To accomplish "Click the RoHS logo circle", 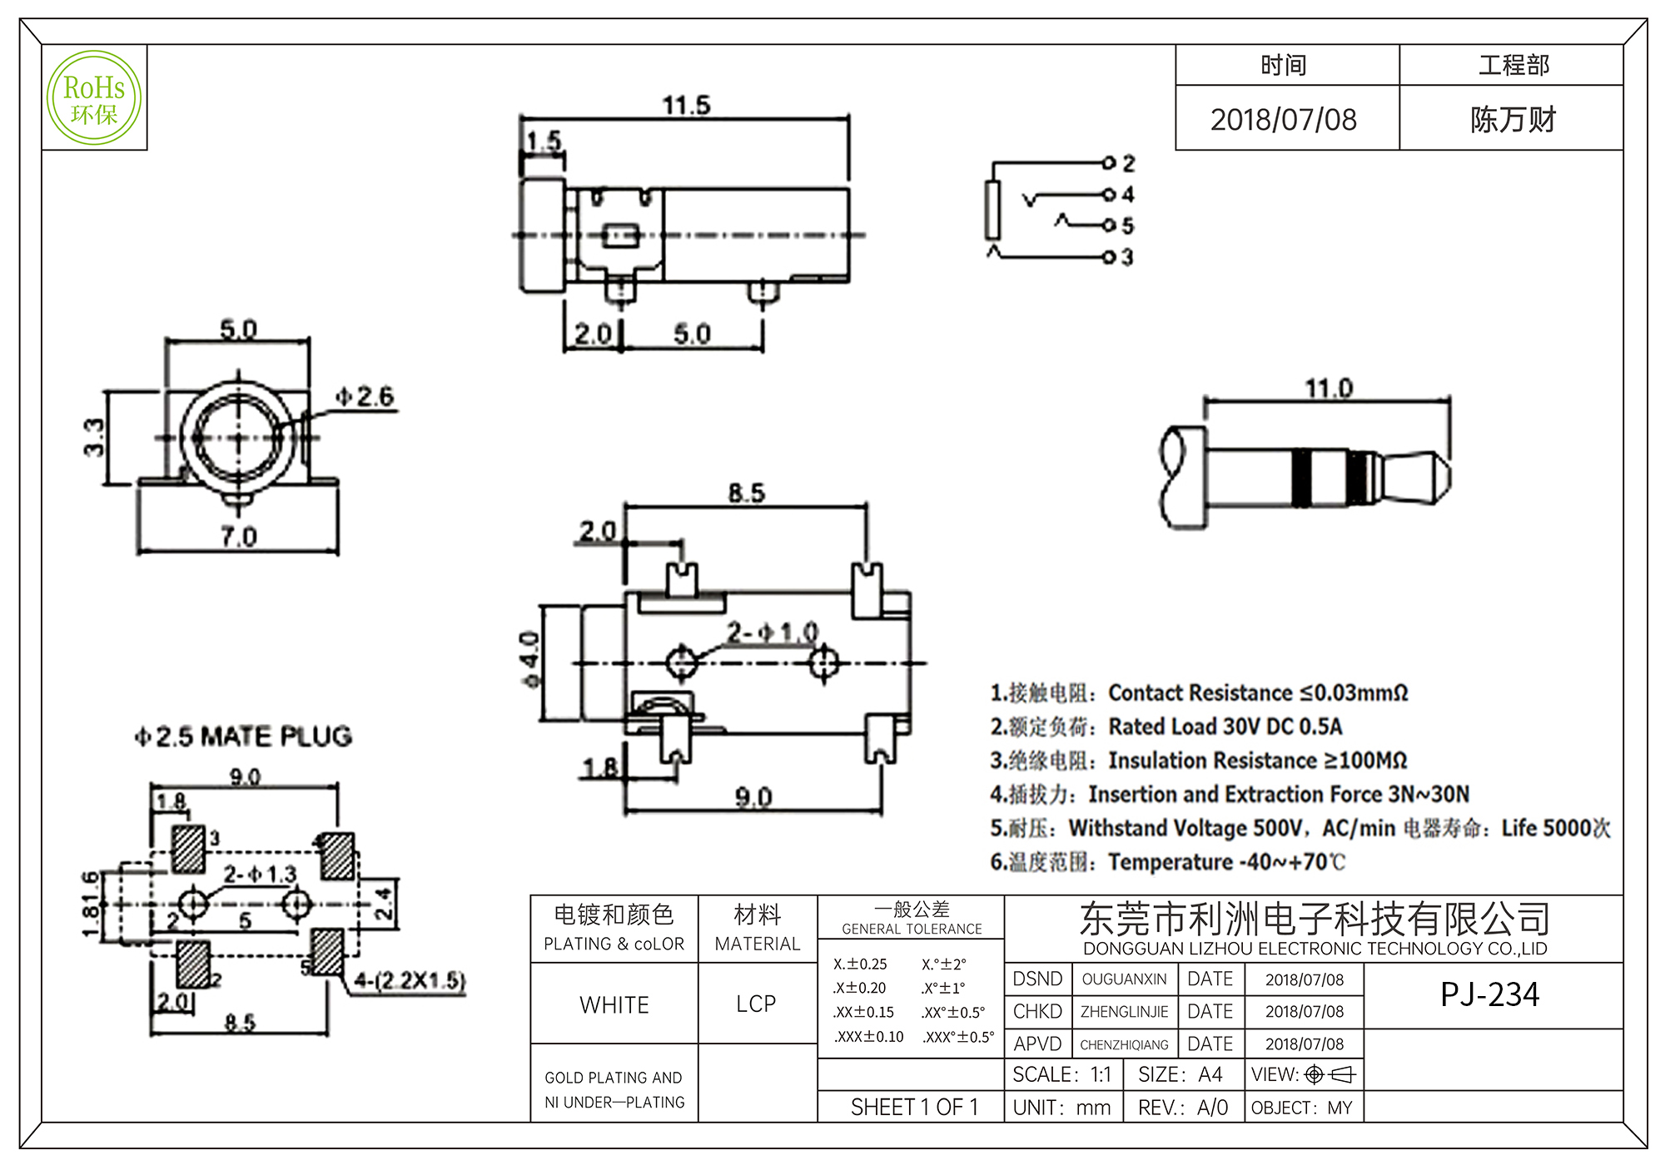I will [94, 98].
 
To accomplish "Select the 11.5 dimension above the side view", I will [686, 106].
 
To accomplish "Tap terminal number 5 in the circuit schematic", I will [1127, 226].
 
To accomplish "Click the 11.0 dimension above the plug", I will [1329, 389].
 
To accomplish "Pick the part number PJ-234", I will [1489, 995].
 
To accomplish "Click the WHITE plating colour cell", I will [614, 1005].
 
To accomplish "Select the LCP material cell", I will [756, 1004].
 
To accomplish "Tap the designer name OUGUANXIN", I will [1124, 979].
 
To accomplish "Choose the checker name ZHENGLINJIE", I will [1124, 1012].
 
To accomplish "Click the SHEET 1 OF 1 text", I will [914, 1108].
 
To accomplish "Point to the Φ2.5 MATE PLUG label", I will [244, 736].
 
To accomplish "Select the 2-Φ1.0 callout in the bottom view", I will [772, 633].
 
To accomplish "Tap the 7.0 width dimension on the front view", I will [238, 537].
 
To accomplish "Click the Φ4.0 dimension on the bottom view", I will [530, 660].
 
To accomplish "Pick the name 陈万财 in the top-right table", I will [1512, 120].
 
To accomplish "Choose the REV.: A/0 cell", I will [1183, 1108].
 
